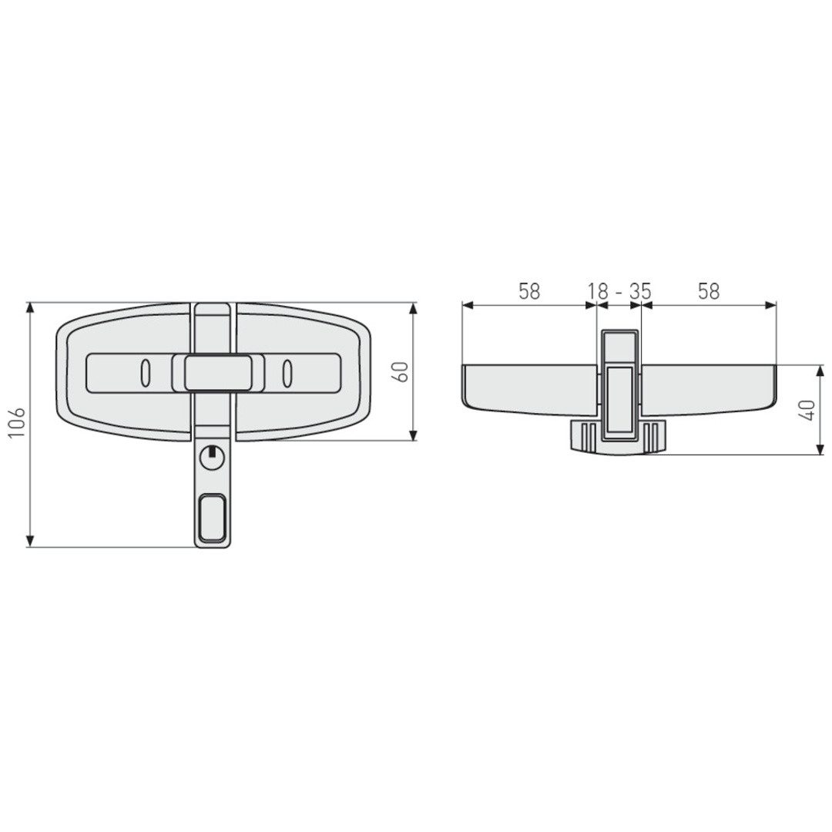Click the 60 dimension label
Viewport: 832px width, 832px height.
pyautogui.click(x=401, y=371)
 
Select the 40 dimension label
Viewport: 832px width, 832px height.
pyautogui.click(x=809, y=410)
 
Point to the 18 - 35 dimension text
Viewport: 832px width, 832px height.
pyautogui.click(x=619, y=291)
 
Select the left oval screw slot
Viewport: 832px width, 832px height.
pyautogui.click(x=145, y=373)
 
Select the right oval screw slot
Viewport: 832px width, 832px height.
pyautogui.click(x=287, y=373)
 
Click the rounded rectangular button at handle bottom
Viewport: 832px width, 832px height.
pyautogui.click(x=213, y=518)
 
